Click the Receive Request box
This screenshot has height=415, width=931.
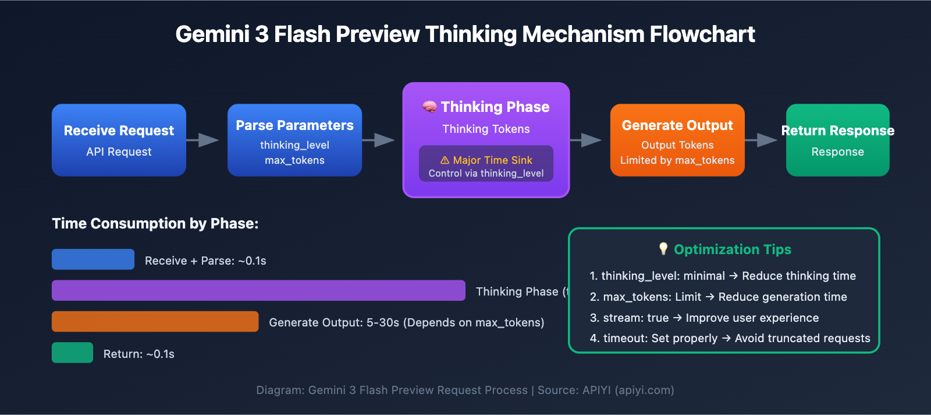[119, 140]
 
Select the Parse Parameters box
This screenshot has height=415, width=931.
[294, 140]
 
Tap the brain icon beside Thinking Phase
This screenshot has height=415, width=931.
[429, 107]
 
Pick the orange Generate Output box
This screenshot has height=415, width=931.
[677, 140]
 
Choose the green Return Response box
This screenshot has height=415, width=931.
[837, 140]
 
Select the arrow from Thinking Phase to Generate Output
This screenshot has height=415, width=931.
[587, 140]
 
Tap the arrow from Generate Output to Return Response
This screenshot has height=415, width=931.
[762, 140]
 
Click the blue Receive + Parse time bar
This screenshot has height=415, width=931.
[93, 259]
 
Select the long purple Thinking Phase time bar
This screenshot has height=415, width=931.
[258, 290]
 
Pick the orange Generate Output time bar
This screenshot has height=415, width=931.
[155, 321]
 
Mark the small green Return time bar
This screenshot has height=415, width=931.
[72, 353]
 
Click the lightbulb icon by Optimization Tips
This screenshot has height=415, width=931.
[663, 249]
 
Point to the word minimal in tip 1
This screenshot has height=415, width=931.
[704, 276]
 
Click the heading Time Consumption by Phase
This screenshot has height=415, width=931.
[155, 223]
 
